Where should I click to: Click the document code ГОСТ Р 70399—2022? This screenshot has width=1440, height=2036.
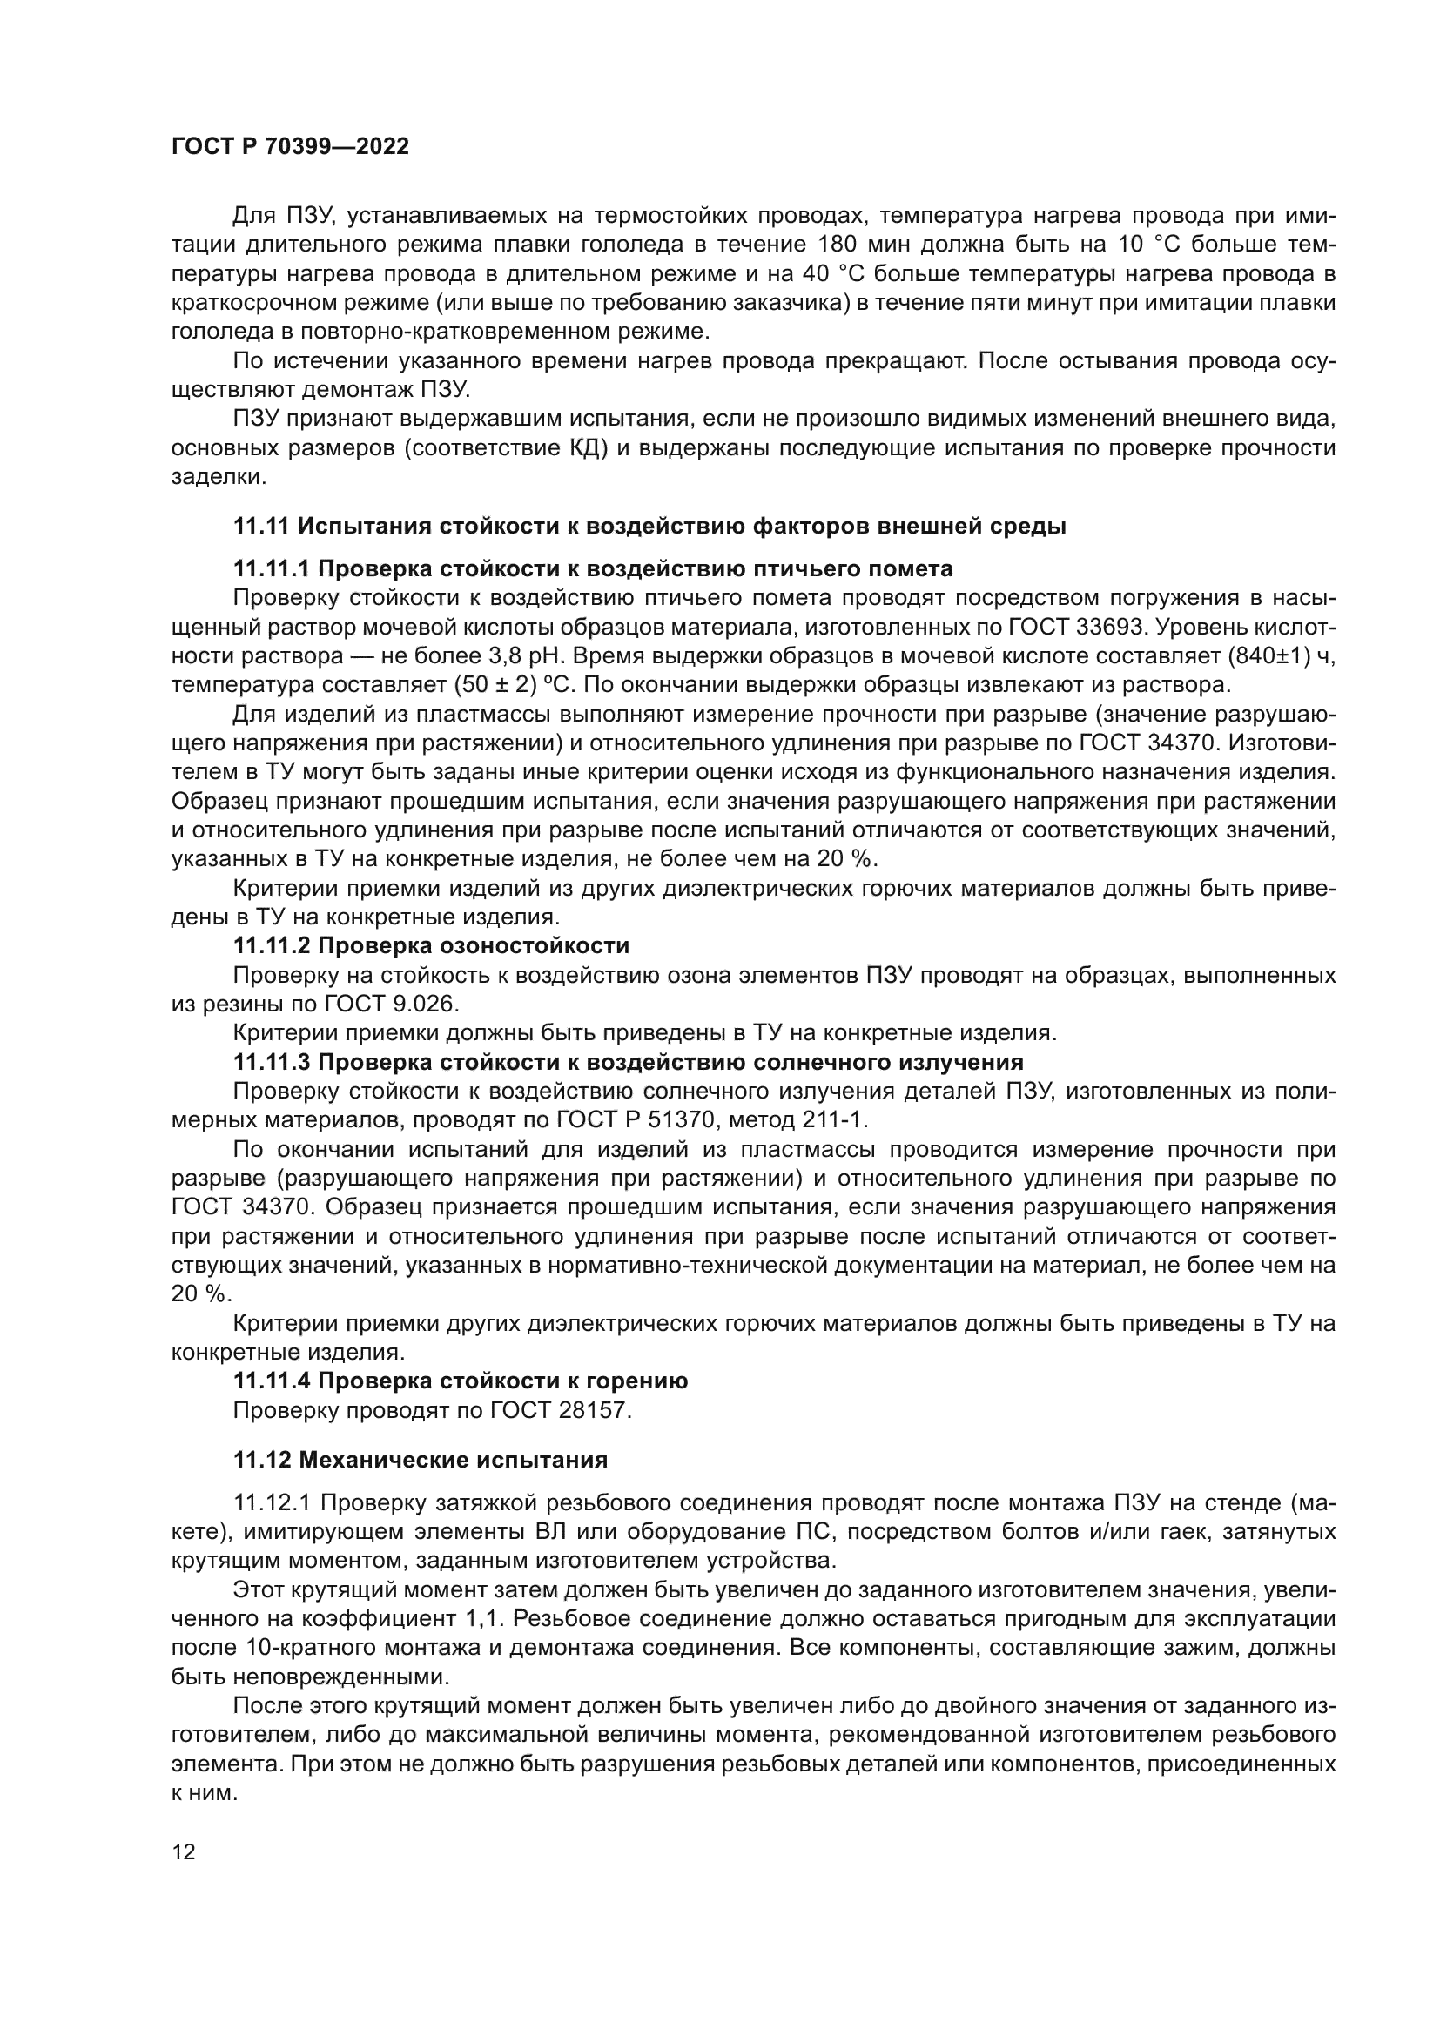click(x=290, y=147)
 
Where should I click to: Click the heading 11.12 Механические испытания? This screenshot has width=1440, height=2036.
click(x=421, y=1460)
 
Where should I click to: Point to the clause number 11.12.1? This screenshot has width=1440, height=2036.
click(x=272, y=1503)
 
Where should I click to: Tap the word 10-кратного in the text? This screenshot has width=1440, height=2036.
click(x=300, y=1648)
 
